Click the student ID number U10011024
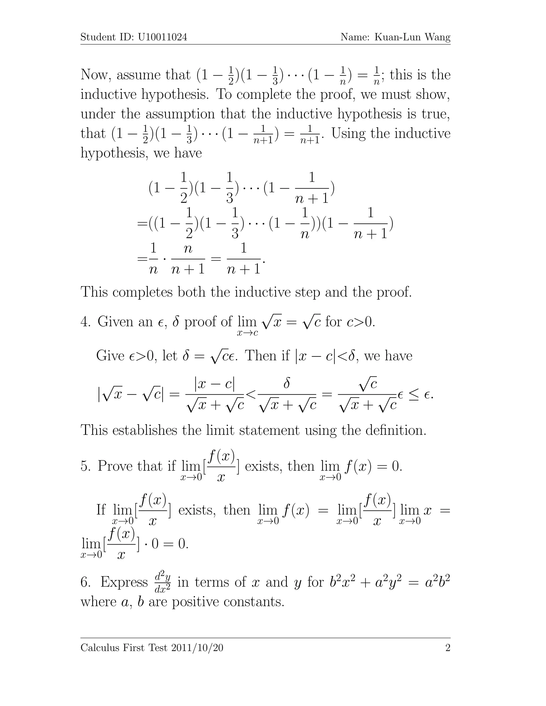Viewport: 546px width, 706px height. (x=162, y=37)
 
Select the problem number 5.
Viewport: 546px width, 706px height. (x=85, y=466)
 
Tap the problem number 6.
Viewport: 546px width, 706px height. (x=85, y=582)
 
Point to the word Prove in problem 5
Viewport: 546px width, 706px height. (x=115, y=466)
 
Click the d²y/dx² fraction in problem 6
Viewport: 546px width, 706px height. (x=163, y=582)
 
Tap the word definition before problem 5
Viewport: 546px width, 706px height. (x=396, y=430)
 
